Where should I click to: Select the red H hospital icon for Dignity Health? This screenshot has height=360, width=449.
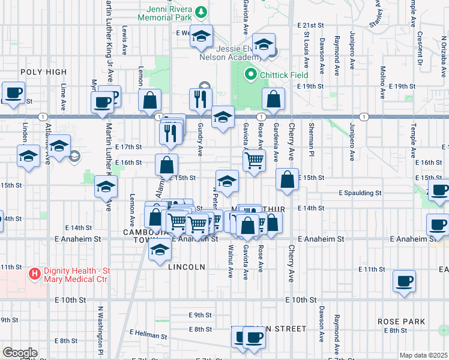tap(35, 274)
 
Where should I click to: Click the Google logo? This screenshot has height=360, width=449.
tap(20, 353)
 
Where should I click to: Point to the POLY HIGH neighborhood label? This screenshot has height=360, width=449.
tap(43, 72)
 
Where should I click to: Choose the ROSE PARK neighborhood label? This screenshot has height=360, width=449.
tap(402, 322)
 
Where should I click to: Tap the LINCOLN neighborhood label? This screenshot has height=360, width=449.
tap(187, 266)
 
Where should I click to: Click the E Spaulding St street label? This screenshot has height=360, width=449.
tap(360, 193)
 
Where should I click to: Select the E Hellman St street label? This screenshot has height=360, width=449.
tap(148, 334)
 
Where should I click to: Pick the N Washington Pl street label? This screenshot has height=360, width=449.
tap(101, 329)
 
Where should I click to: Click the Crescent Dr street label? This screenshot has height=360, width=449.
tap(420, 49)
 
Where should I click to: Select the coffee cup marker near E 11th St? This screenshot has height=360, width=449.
tap(404, 281)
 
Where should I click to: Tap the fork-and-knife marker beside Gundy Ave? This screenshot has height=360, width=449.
tap(200, 99)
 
